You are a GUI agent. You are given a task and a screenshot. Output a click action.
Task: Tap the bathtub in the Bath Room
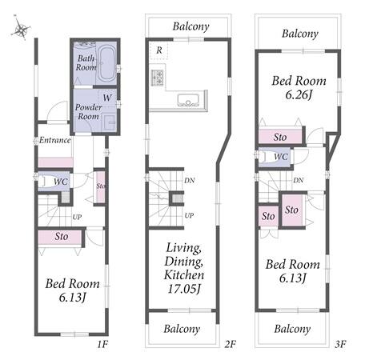coord(106,64)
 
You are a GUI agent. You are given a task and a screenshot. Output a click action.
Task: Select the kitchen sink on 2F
coord(188,100)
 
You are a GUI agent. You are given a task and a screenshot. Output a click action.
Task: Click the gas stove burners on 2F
coord(157,78)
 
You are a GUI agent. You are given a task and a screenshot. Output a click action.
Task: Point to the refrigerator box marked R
coord(158,50)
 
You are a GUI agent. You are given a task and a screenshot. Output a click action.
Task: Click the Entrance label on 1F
coord(55,140)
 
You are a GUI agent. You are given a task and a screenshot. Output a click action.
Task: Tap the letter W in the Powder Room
coord(107,98)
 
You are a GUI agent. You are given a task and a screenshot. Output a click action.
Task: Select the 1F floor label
coord(102,345)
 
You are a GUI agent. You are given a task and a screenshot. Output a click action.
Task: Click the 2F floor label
coord(231,345)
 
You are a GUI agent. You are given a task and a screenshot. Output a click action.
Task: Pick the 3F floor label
coord(340,345)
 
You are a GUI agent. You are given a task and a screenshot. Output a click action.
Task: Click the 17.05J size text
coord(184,289)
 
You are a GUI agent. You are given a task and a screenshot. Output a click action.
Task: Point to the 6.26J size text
coord(299,94)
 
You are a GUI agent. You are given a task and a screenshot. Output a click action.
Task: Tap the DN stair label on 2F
coord(190,181)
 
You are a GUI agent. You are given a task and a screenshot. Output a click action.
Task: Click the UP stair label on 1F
coord(77,217)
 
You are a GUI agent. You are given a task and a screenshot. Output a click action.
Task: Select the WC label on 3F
coord(281,157)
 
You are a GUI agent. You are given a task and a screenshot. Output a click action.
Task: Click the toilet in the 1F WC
coord(46,182)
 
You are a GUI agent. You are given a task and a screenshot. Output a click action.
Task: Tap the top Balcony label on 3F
coord(300,34)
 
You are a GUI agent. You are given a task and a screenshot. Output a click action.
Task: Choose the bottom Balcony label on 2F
coord(182,329)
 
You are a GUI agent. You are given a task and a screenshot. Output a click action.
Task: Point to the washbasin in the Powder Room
coord(110,122)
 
